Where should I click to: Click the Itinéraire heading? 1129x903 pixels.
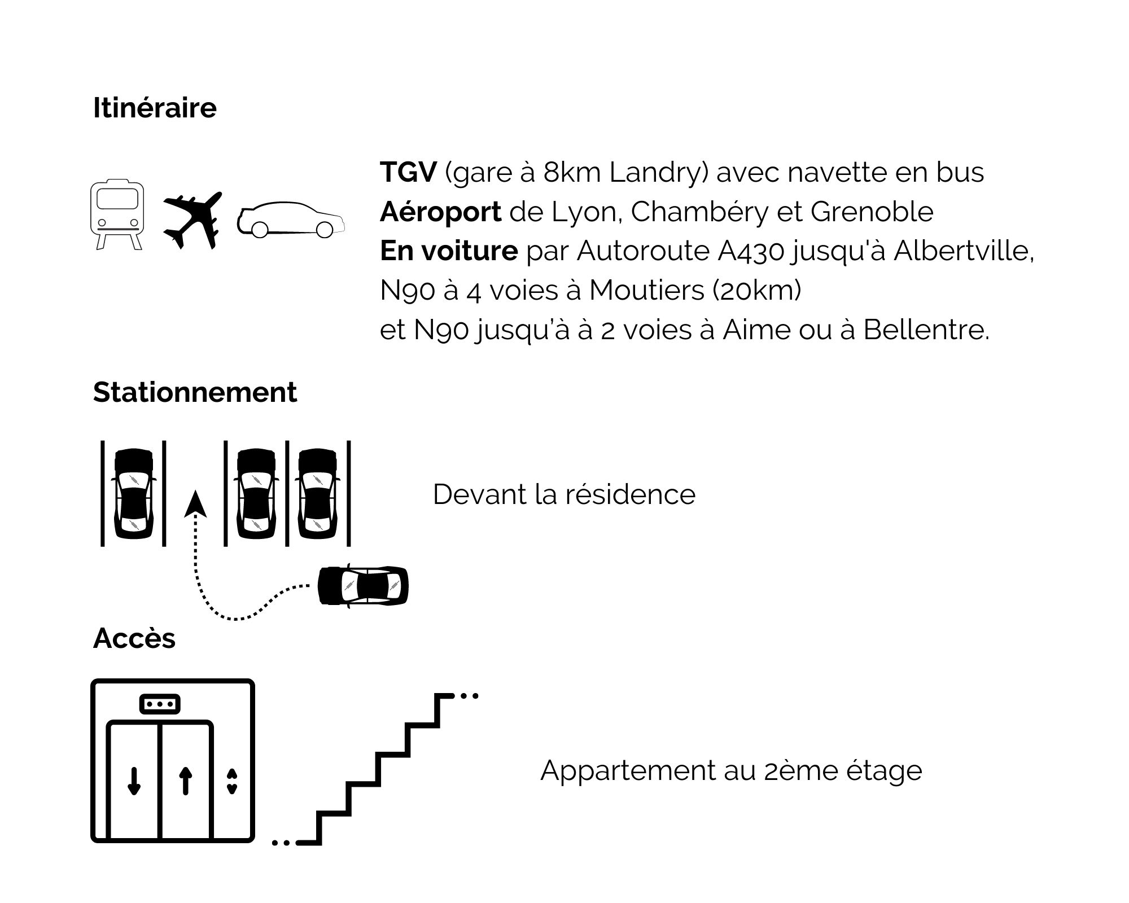(x=155, y=108)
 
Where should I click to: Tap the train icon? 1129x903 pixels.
(x=117, y=215)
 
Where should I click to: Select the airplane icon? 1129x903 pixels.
(x=192, y=220)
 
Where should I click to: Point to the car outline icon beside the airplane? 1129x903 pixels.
(x=291, y=219)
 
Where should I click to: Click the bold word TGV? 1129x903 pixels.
(x=408, y=172)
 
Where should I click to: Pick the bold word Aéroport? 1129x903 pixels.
(x=440, y=212)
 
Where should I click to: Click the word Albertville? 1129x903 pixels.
(x=964, y=251)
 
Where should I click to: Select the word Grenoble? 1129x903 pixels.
(x=872, y=212)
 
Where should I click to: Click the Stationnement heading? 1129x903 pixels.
(x=195, y=392)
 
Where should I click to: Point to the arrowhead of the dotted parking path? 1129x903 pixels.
(x=195, y=504)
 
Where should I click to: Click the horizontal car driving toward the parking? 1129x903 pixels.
(x=363, y=585)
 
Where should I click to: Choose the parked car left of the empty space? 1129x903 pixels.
(x=134, y=494)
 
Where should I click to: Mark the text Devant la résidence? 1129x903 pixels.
(x=564, y=494)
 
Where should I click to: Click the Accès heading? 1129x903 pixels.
(x=134, y=638)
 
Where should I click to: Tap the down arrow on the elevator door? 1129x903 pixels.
(x=134, y=781)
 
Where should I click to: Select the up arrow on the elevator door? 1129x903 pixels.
(x=186, y=781)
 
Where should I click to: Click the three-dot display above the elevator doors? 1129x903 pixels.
(x=160, y=704)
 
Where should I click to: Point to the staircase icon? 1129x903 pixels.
(x=375, y=769)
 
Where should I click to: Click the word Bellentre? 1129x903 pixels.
(x=926, y=330)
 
